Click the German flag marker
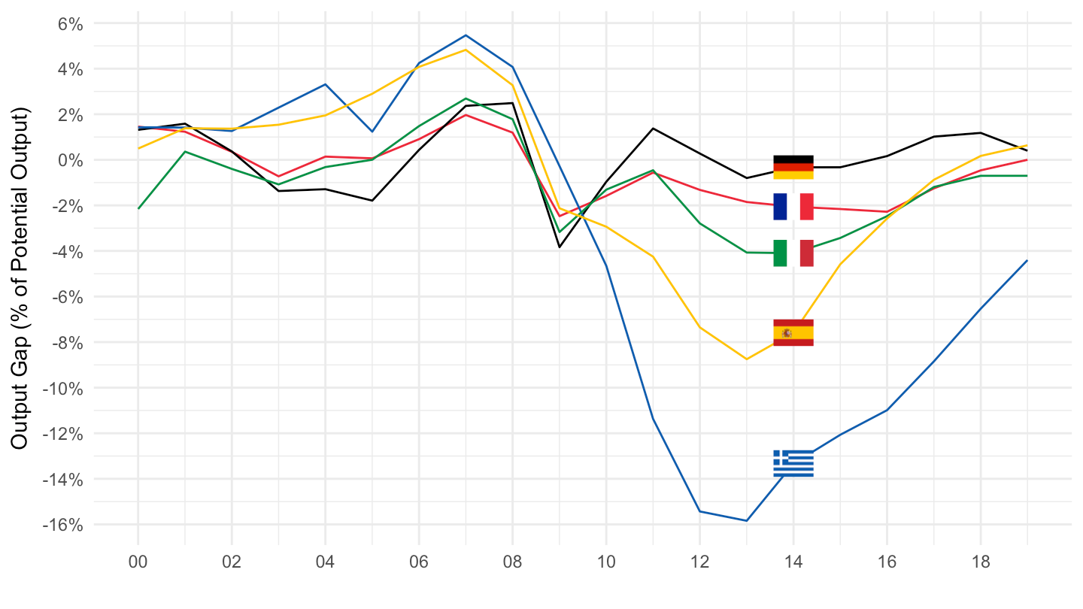[x=793, y=167]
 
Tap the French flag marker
[x=793, y=207]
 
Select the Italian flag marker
[x=793, y=253]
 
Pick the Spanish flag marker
[x=793, y=332]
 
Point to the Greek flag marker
[x=793, y=463]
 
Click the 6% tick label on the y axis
[x=66, y=23]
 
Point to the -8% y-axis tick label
[x=64, y=343]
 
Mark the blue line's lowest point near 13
[x=747, y=520]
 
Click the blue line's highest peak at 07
[x=466, y=35]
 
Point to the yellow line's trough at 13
[x=747, y=359]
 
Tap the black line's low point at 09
[x=560, y=247]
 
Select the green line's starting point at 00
[x=139, y=208]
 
